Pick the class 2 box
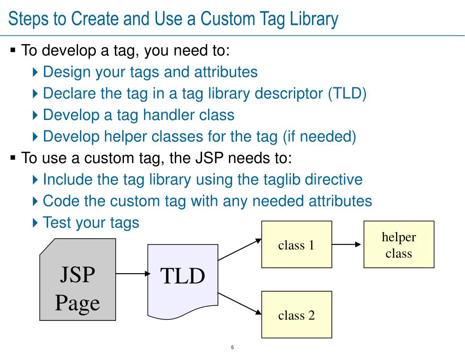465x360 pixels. coord(297,315)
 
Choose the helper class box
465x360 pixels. coord(399,245)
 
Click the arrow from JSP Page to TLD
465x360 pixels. coord(133,274)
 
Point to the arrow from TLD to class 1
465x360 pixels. coord(240,250)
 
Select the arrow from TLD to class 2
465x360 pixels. coord(240,303)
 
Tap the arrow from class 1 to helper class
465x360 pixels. coord(347,245)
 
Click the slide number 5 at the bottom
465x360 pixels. coord(232,348)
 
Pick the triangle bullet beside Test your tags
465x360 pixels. coord(36,223)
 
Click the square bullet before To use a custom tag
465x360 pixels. coord(13,158)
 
